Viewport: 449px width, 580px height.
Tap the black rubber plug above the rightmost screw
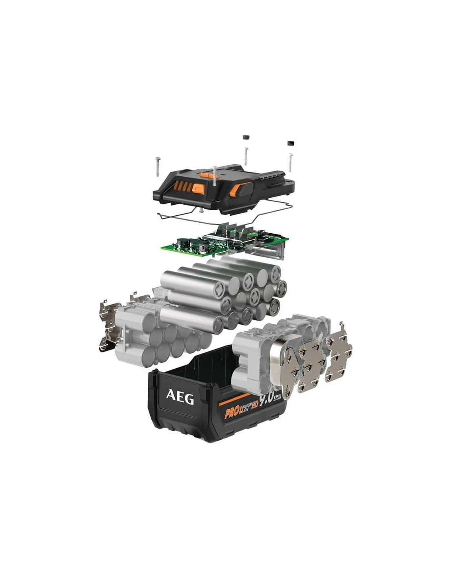tap(291, 143)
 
